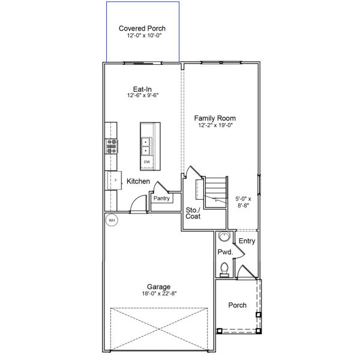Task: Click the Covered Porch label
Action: [142, 28]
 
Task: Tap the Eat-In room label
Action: [142, 89]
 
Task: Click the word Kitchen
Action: [138, 181]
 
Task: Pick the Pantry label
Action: [161, 199]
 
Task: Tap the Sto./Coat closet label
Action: [193, 213]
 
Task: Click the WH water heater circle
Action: [111, 220]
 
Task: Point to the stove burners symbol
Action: [112, 146]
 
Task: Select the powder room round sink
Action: [224, 236]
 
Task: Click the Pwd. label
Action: [224, 252]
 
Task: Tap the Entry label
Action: [247, 241]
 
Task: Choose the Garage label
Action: [159, 286]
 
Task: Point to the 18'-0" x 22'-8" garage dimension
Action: [159, 293]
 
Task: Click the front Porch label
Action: [238, 305]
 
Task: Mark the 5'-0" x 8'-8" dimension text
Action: [242, 201]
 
